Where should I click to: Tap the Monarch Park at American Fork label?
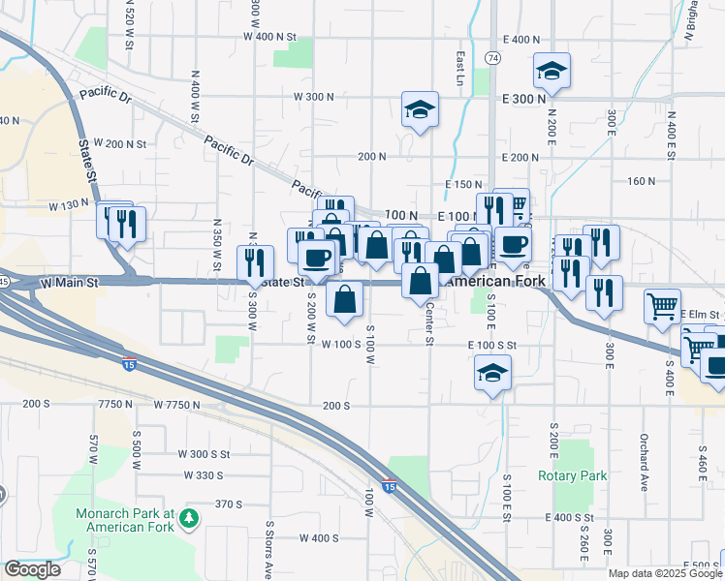click(x=128, y=520)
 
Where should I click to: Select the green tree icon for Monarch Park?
click(x=190, y=520)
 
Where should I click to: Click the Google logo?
click(x=32, y=569)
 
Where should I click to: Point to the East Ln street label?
click(x=460, y=67)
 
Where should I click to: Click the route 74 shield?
click(x=493, y=58)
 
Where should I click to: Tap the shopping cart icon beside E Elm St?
click(x=662, y=306)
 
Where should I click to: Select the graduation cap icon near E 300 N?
click(x=552, y=71)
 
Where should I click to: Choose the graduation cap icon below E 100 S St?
click(x=492, y=373)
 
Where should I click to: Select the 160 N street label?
click(x=642, y=180)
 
